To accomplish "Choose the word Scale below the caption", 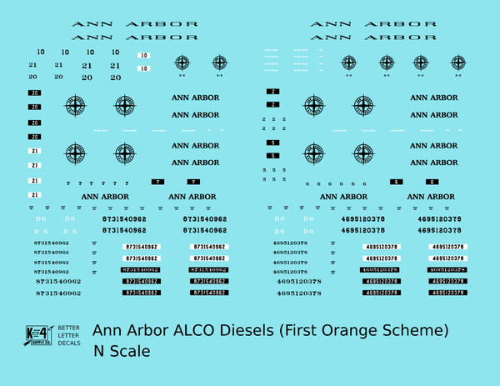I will click(x=130, y=351).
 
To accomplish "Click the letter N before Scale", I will click(x=99, y=351).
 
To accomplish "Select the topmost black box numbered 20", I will click(x=34, y=93).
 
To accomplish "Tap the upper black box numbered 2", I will click(x=273, y=91).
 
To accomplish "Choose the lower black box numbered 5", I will click(x=273, y=157).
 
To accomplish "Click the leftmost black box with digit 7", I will click(x=158, y=182).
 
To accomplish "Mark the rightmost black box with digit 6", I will click(x=432, y=182).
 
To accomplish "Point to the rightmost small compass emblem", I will click(x=457, y=62).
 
